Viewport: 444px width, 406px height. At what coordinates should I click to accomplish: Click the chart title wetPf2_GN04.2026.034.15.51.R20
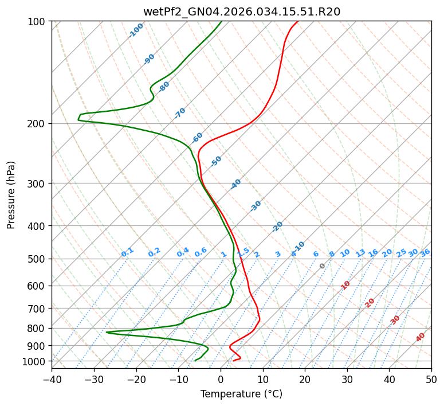tap(241, 11)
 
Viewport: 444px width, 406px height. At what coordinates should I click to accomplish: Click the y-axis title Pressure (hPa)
tap(11, 195)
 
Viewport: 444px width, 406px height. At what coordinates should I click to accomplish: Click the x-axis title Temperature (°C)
tap(241, 395)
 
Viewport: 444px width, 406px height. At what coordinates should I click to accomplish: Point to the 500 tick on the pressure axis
tap(38, 259)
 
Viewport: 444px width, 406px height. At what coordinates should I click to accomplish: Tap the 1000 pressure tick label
tap(36, 361)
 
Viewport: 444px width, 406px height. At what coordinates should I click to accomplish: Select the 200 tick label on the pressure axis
tap(38, 124)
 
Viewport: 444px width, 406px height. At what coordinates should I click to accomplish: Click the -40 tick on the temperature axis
tap(52, 379)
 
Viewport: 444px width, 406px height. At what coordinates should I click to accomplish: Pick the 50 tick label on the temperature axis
tap(431, 379)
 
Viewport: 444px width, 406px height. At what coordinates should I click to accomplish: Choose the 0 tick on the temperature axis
tap(221, 379)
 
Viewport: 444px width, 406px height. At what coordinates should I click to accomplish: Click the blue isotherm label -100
tap(136, 30)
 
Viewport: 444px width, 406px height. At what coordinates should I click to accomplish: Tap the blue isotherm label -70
tap(180, 113)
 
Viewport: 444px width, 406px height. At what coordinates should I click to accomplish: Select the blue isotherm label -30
tap(256, 206)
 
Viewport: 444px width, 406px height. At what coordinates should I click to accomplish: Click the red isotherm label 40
tap(421, 337)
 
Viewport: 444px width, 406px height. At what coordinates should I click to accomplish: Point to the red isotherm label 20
tap(370, 302)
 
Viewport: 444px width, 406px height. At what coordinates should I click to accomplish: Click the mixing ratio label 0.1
tap(127, 252)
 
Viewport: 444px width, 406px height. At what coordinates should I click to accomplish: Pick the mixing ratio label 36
tap(425, 252)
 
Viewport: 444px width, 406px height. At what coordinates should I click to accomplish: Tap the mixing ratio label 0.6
tap(201, 252)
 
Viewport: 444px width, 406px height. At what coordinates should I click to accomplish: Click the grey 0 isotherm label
tap(323, 266)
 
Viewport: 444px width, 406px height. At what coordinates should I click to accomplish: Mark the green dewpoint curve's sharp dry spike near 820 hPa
tap(107, 332)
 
